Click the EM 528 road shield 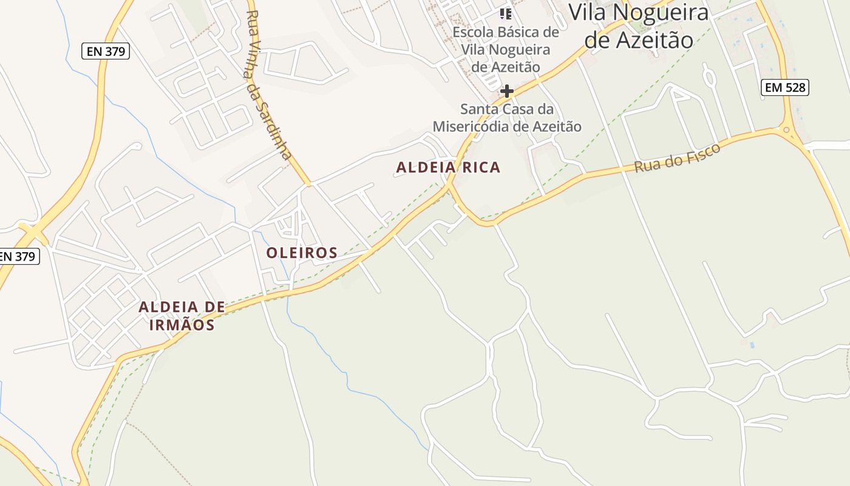[785, 87]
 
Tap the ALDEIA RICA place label [448, 167]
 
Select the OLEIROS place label [302, 253]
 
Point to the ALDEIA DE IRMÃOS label [181, 316]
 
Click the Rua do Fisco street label [677, 158]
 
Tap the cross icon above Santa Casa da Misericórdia [506, 91]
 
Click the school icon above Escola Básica [506, 13]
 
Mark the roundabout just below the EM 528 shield [787, 129]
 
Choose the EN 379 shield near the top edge [106, 52]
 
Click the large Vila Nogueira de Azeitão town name [639, 26]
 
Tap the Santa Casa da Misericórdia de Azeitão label [506, 118]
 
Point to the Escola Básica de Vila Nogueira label [506, 49]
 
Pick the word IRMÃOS [182, 325]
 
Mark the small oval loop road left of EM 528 [709, 77]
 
